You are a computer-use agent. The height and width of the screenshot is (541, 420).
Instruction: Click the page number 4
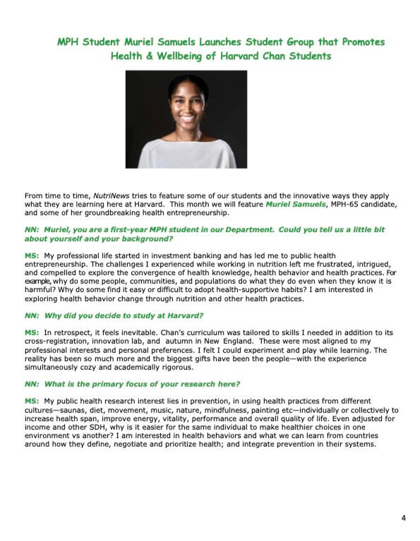pos(403,518)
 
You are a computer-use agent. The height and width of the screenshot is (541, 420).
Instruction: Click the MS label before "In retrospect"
pos(31,332)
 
